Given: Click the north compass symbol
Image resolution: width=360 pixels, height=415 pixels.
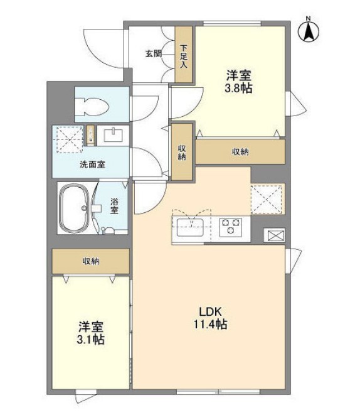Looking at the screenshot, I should click(310, 30).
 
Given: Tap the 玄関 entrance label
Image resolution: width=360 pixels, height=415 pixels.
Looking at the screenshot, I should click(154, 54).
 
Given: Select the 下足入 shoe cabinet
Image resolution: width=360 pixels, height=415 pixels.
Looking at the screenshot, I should click(184, 55).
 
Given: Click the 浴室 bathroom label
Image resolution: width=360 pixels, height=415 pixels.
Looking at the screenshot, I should click(115, 207).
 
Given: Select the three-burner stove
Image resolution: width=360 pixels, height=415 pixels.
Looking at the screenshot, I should click(231, 225).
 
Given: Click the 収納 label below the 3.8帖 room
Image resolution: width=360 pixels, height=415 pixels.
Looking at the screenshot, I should click(240, 152).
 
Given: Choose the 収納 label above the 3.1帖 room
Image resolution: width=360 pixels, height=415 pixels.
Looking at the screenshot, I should click(91, 261).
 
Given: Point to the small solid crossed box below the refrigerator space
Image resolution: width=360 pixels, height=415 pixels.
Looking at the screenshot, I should click(275, 235).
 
